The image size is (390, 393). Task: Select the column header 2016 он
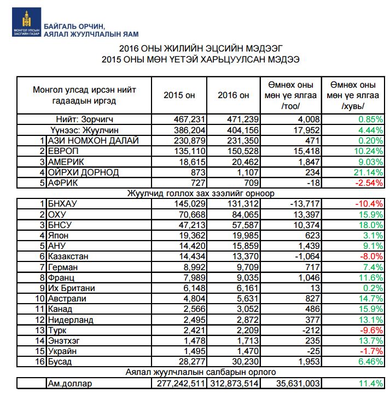click(x=233, y=95)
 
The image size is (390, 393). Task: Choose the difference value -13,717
click(x=296, y=203)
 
